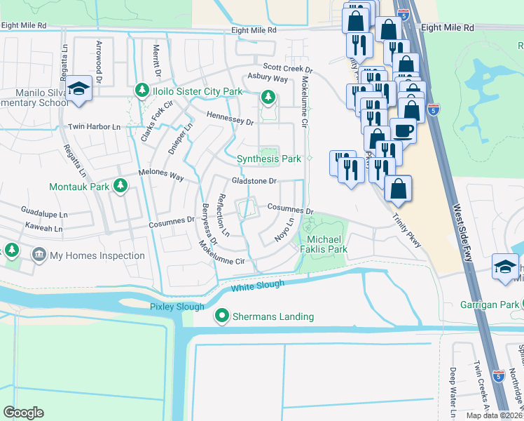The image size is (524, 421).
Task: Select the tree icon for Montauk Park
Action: [x=120, y=185]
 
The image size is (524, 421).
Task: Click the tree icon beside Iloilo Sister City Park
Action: [x=142, y=92]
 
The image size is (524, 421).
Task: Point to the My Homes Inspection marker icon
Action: [x=39, y=255]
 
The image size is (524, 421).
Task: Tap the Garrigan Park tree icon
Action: [x=519, y=305]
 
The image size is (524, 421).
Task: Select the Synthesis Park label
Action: [x=269, y=159]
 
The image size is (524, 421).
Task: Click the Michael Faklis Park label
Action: [x=323, y=244]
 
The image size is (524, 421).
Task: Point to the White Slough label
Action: [x=258, y=286]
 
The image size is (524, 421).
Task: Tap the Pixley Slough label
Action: [x=177, y=307]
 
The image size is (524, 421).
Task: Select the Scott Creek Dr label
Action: [x=287, y=69]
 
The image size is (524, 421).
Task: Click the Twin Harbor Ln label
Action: [x=95, y=127]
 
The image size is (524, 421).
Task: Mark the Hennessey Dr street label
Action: [x=230, y=118]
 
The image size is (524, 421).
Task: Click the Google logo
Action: [x=24, y=413]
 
